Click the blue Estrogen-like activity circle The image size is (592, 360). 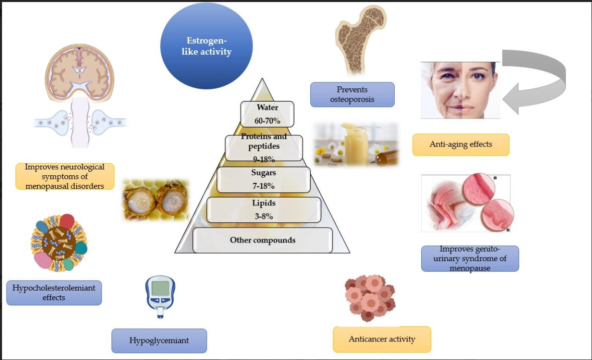click(x=206, y=46)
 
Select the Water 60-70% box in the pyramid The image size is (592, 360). click(x=267, y=114)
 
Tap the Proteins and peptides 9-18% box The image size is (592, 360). click(x=264, y=148)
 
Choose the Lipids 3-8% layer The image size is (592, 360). click(x=264, y=210)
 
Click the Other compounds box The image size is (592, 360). click(x=263, y=240)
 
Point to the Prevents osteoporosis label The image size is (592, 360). click(x=352, y=95)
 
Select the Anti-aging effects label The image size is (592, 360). click(x=460, y=145)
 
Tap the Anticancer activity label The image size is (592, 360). click(x=382, y=339)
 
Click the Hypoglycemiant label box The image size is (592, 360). click(x=159, y=341)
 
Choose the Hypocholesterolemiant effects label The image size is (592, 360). click(x=54, y=293)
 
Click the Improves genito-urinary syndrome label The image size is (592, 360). click(x=469, y=258)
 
